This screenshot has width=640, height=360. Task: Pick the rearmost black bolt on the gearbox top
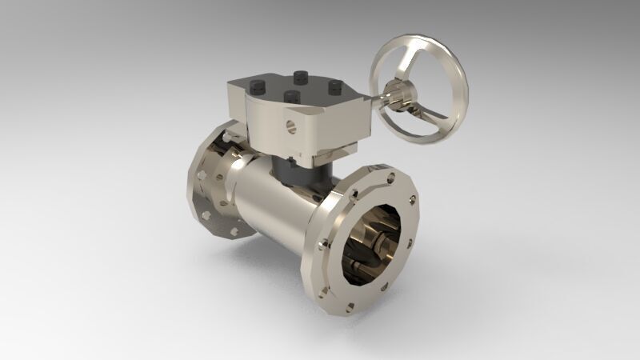(x=302, y=76)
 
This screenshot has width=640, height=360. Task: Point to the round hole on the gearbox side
(x=290, y=125)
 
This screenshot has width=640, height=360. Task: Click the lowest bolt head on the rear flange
(x=234, y=232)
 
